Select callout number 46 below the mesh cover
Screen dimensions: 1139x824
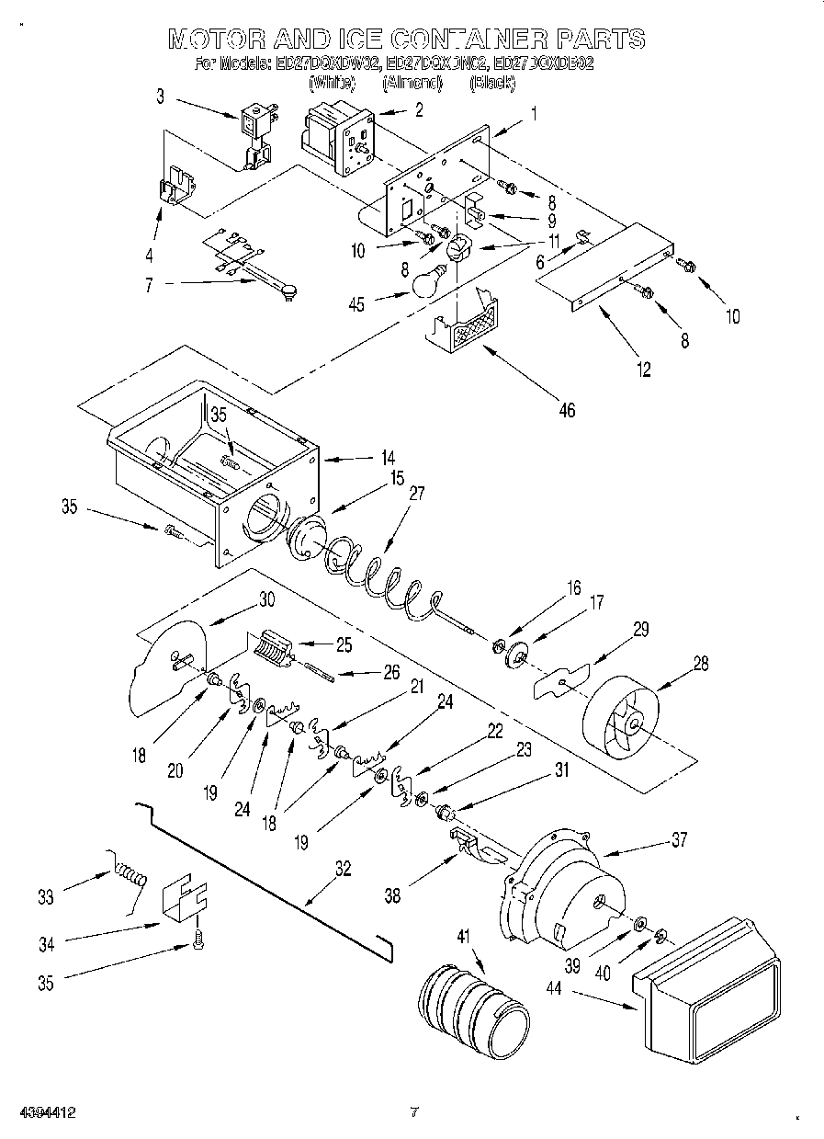[x=567, y=410]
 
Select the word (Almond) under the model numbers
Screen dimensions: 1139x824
[x=412, y=83]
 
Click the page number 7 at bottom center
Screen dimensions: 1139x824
[x=414, y=1112]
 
